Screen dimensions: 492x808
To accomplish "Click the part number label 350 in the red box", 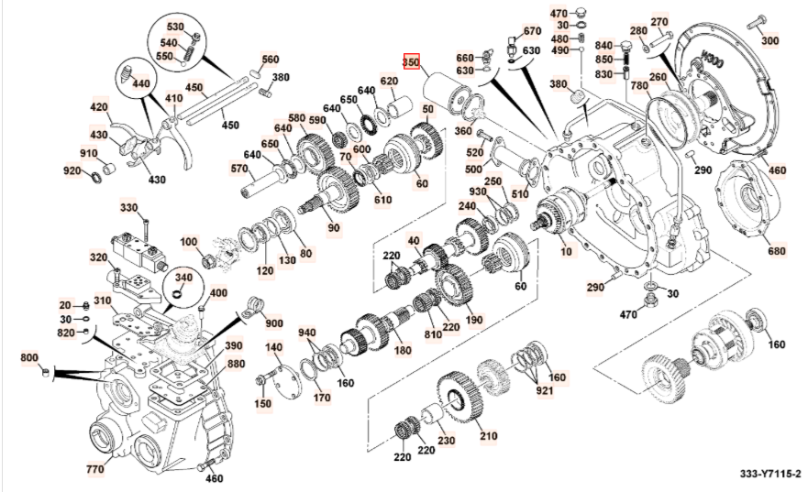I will coord(411,62).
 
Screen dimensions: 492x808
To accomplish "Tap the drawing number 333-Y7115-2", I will coord(770,474).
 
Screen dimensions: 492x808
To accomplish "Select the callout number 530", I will coord(174,27).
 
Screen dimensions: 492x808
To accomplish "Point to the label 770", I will coord(94,469).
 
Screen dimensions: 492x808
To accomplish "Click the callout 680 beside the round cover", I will coord(776,251).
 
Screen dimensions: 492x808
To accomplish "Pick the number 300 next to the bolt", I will coord(769,40).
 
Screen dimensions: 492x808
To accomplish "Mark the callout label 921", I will coord(546,392).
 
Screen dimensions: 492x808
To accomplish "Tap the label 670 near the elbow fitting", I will coord(532,31).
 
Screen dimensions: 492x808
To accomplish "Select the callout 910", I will coord(89,153).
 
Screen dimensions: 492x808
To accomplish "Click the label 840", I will coord(603,45).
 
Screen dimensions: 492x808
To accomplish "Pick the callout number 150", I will coord(262,404).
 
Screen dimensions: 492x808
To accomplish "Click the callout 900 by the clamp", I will coord(274,323).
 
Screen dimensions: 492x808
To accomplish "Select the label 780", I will coord(639,85).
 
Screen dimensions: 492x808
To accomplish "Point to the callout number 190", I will coord(473,320).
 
